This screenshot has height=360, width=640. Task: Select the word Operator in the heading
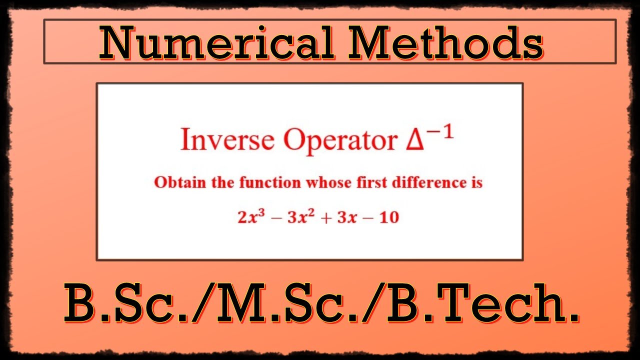click(x=340, y=140)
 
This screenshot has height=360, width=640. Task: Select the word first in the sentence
click(x=368, y=182)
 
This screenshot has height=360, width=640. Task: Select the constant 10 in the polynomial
click(x=389, y=218)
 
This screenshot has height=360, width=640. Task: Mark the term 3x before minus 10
click(x=348, y=218)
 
